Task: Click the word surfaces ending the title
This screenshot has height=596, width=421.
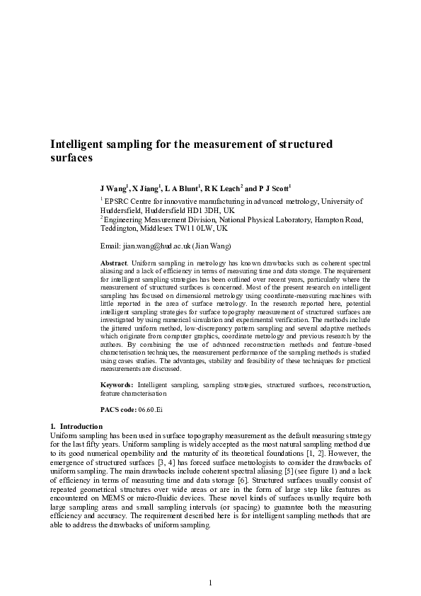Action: [71, 159]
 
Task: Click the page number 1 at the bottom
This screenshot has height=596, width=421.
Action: [210, 582]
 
